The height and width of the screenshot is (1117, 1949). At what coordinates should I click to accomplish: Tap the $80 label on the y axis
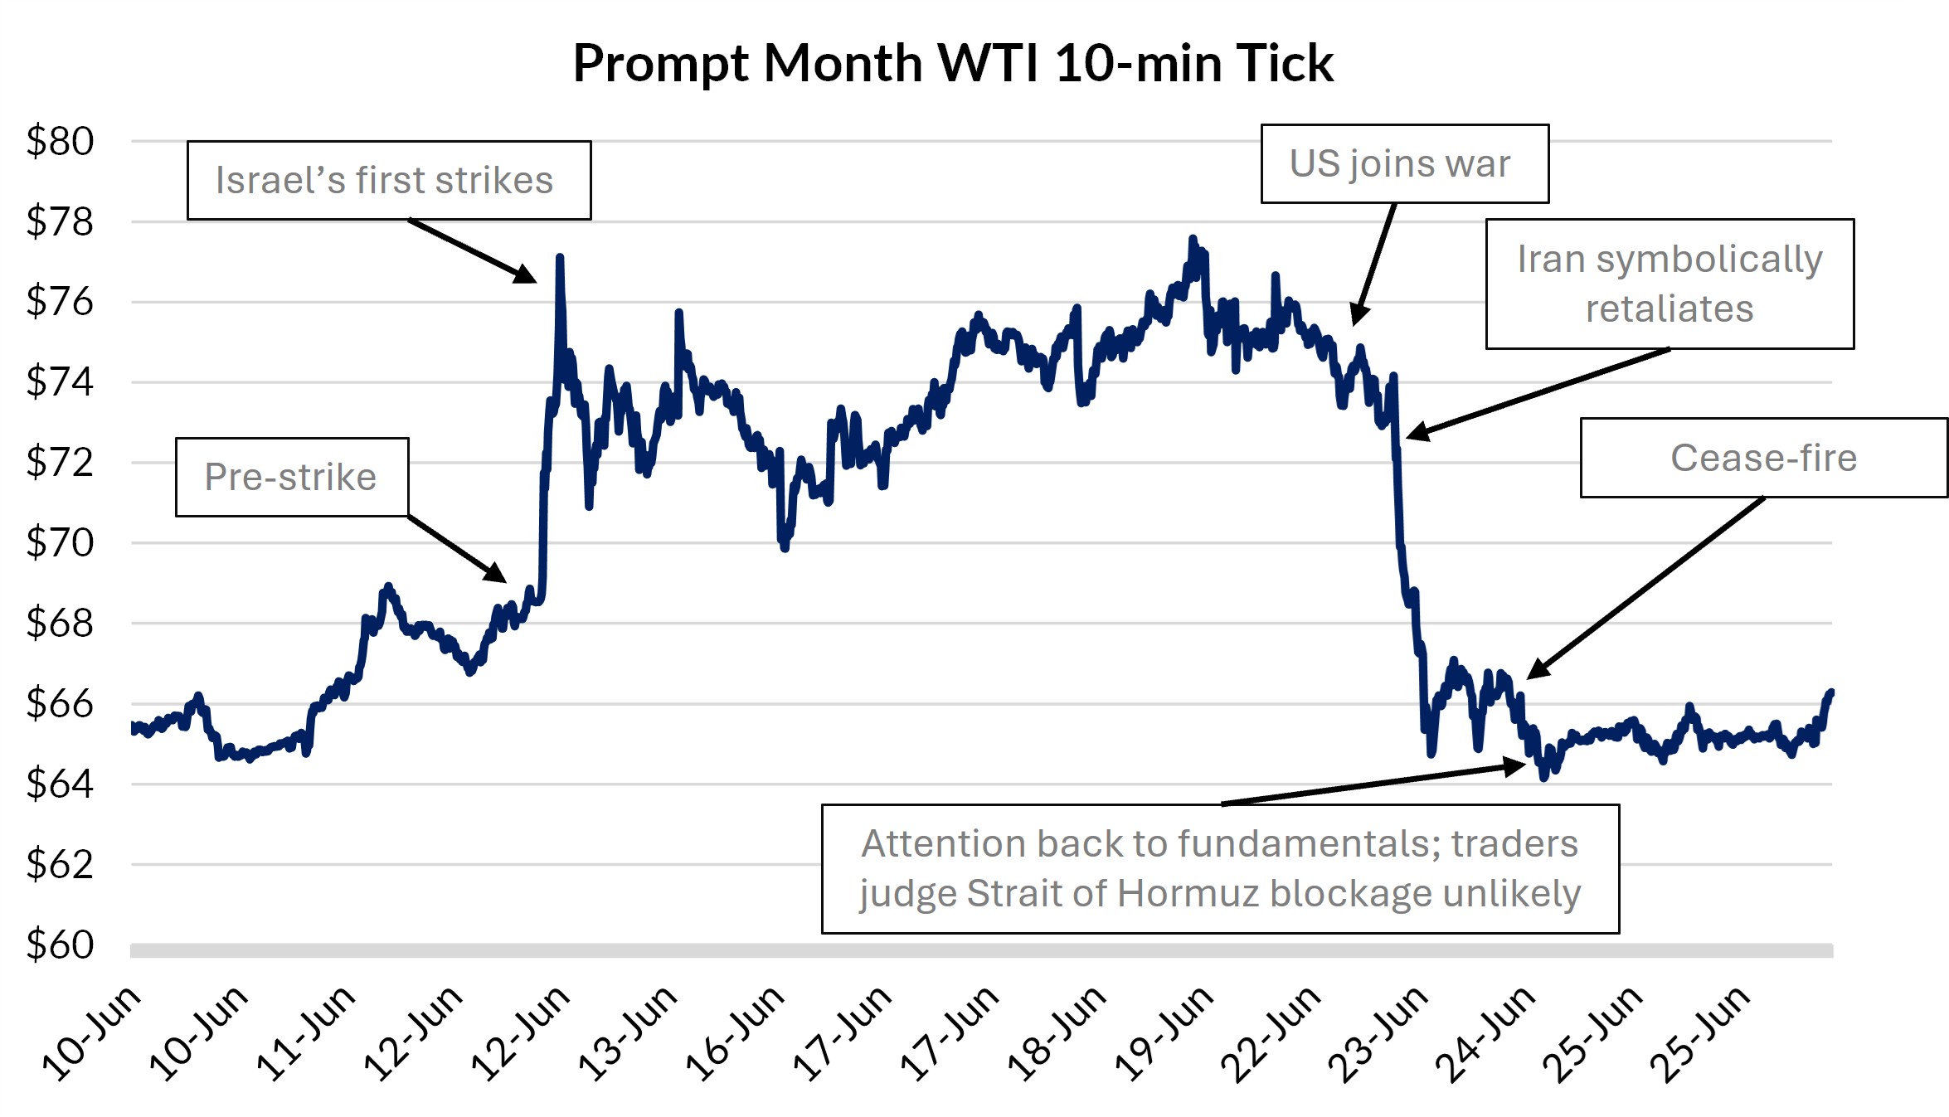click(60, 141)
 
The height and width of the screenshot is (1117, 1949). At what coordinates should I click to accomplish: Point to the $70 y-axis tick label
click(60, 543)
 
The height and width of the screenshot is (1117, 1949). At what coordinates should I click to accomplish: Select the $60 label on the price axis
click(60, 945)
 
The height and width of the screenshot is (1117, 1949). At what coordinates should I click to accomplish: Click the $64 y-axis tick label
click(60, 784)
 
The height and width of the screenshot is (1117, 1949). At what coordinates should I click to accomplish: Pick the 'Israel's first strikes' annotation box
click(388, 180)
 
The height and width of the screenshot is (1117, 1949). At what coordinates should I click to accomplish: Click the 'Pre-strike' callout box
click(291, 477)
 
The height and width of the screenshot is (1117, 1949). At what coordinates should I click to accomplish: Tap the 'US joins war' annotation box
click(1403, 163)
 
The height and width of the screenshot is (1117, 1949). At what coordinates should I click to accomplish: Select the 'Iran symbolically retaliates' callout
click(1669, 284)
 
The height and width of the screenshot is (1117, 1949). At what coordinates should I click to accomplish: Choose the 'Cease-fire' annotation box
click(1763, 458)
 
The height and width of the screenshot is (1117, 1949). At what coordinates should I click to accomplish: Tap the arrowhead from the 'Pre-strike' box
click(498, 575)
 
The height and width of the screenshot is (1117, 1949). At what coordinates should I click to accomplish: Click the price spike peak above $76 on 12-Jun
click(560, 259)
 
